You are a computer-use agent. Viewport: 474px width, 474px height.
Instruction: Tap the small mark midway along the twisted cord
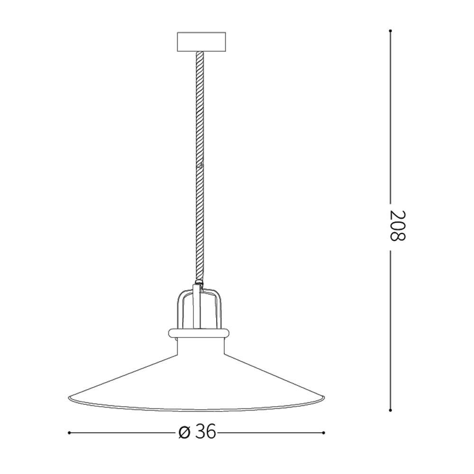(201, 166)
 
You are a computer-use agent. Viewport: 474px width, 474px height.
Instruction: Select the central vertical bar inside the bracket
(198, 308)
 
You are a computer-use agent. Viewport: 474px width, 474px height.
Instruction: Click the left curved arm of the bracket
(182, 308)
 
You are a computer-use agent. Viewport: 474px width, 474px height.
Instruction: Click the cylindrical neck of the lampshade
(199, 346)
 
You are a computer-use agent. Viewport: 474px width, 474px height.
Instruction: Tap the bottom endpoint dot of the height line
(390, 410)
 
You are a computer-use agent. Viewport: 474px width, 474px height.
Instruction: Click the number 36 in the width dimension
(206, 432)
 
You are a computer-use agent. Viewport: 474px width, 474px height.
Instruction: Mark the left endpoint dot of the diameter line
(69, 432)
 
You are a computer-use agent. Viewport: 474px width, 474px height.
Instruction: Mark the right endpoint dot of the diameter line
(324, 432)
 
